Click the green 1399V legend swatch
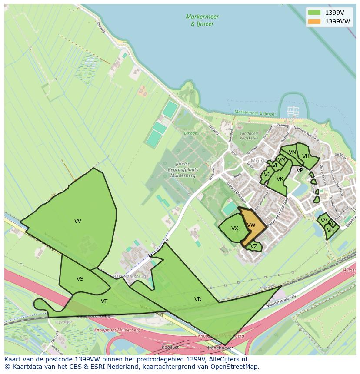(314, 13)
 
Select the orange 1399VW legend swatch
(314, 21)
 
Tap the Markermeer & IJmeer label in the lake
(202, 20)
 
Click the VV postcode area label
(78, 221)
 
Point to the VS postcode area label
(80, 279)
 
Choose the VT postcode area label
(104, 301)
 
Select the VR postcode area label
(198, 299)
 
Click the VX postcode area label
(235, 228)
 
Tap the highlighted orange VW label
(251, 225)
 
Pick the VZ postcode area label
(254, 246)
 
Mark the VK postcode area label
(280, 179)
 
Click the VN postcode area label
(292, 152)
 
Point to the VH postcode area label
(306, 156)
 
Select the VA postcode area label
(323, 220)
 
